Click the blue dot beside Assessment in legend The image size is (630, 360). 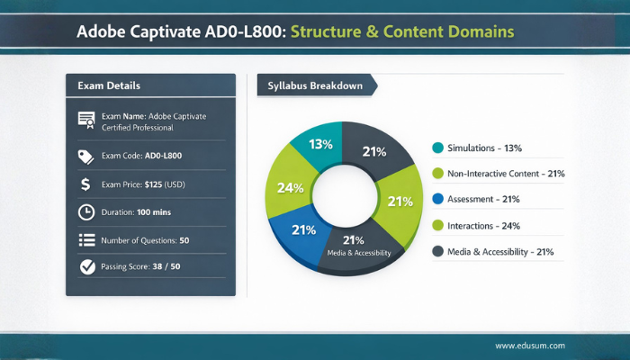[x=438, y=199]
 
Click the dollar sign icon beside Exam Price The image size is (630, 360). [x=86, y=184]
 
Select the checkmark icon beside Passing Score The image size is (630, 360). [x=87, y=266]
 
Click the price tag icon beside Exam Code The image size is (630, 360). [x=87, y=156]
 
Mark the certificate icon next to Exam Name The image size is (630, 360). [x=87, y=120]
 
